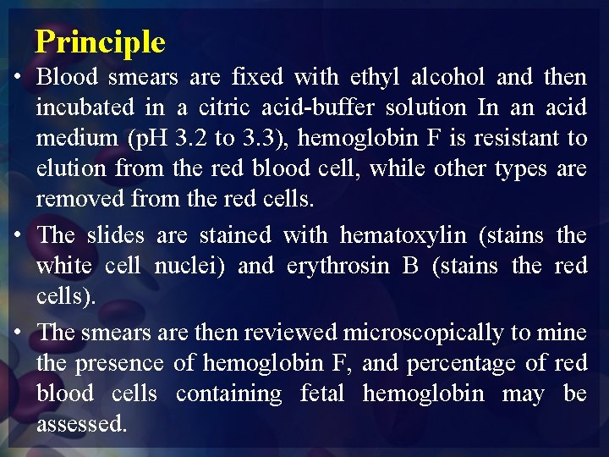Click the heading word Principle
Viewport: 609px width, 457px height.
tap(100, 41)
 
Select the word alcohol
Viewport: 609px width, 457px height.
tap(447, 78)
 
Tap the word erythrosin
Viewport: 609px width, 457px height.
tap(337, 266)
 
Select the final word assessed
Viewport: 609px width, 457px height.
tap(81, 424)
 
